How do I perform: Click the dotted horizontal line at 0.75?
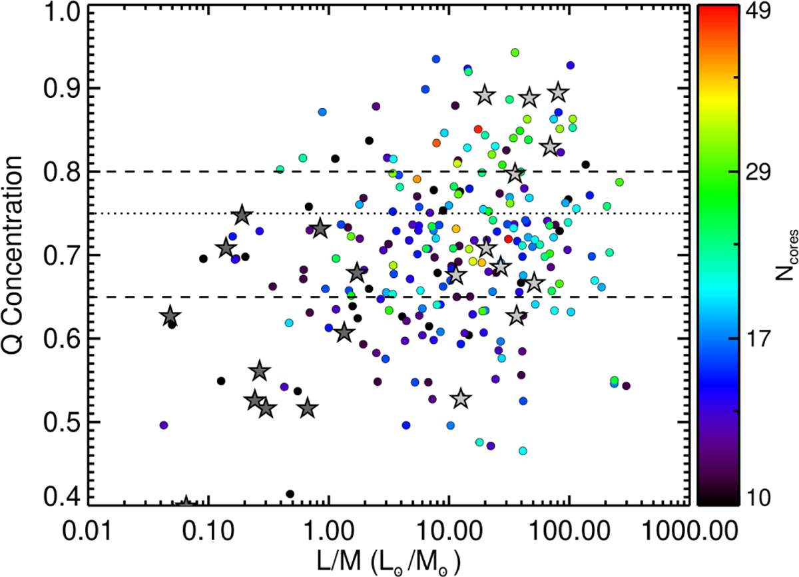coord(166,213)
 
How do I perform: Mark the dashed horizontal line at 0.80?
coord(166,171)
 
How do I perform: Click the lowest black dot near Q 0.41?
coord(290,494)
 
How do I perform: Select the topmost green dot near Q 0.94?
coord(514,52)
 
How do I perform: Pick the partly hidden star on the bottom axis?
coord(186,501)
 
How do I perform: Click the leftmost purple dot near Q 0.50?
coord(164,424)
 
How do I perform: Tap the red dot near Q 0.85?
coord(477,129)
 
